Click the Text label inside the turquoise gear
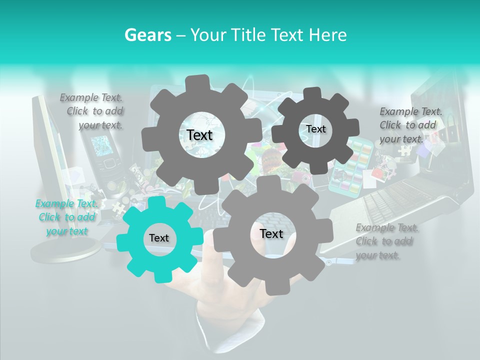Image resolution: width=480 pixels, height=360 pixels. (x=158, y=238)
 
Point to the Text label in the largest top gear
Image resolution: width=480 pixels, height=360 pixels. (x=199, y=135)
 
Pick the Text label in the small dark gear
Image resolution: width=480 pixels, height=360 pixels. (x=315, y=129)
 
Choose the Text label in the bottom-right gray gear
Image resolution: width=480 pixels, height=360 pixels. (x=271, y=233)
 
